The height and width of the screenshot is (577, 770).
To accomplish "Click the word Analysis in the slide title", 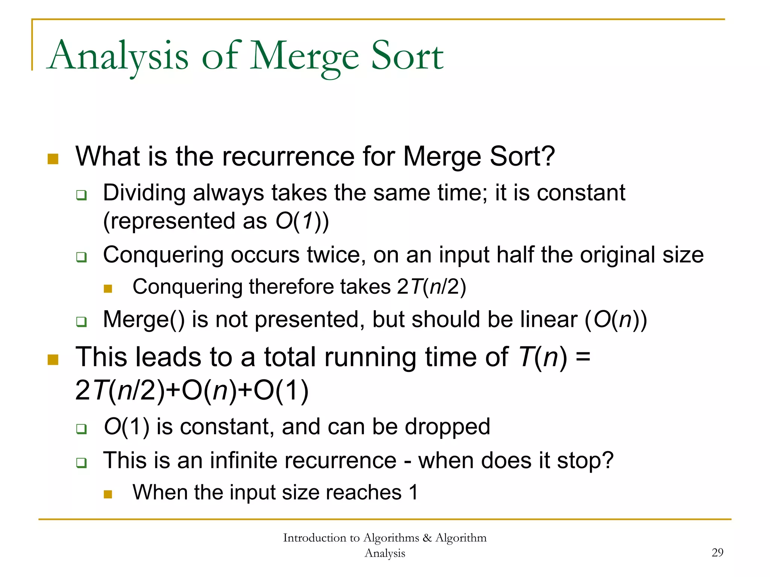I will pos(119,56).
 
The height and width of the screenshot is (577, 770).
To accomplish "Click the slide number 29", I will pos(717,552).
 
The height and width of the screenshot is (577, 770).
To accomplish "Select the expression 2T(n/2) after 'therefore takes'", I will pos(431,287).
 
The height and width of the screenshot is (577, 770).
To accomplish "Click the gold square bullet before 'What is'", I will pos(53,159).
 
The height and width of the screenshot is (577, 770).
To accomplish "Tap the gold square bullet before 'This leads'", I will pos(53,359).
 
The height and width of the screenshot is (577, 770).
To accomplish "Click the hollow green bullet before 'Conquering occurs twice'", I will pos(82,257).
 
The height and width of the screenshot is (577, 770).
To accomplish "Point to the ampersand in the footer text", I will pos(427,538).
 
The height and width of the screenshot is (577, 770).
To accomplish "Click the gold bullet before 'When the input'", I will pos(108,494).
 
